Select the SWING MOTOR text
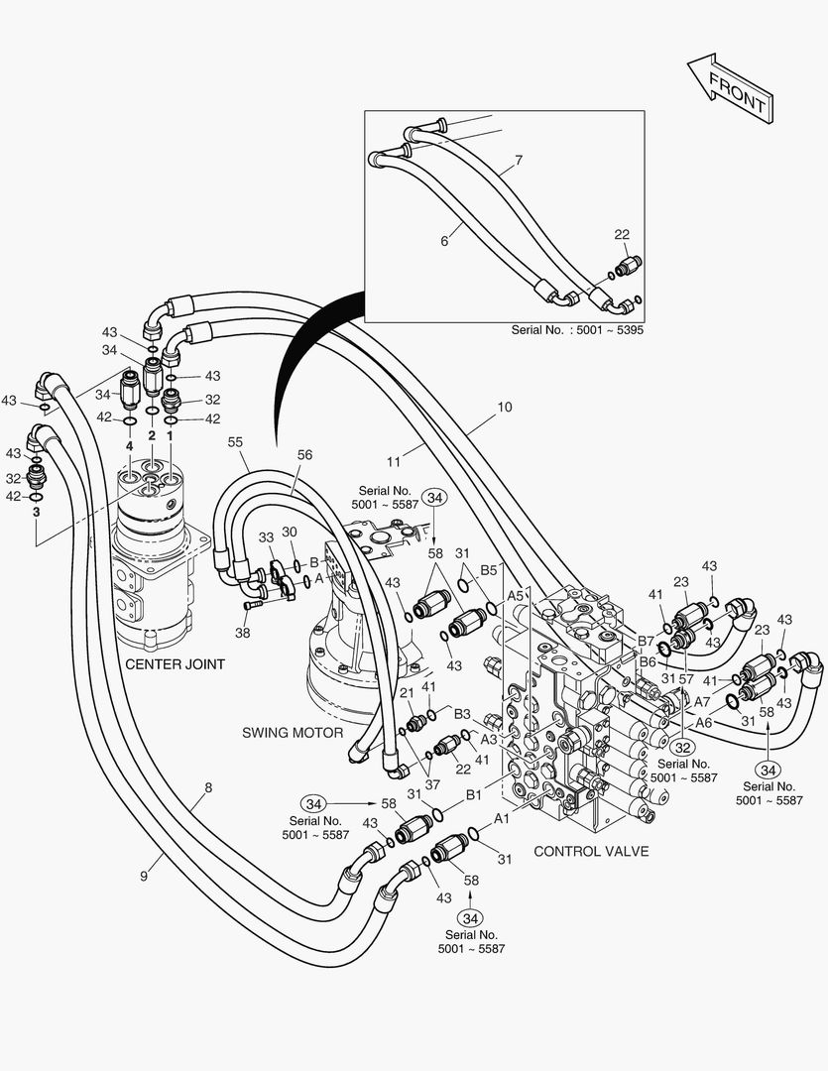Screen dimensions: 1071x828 293,733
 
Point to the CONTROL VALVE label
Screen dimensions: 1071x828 591,851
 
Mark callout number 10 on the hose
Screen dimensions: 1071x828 505,408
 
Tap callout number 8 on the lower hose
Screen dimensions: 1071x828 207,789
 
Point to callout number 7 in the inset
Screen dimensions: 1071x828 518,160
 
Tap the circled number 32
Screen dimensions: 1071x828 682,747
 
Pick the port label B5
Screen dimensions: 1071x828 488,571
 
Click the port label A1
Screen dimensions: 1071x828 502,819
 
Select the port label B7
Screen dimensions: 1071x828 647,641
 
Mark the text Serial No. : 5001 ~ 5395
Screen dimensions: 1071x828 577,329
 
